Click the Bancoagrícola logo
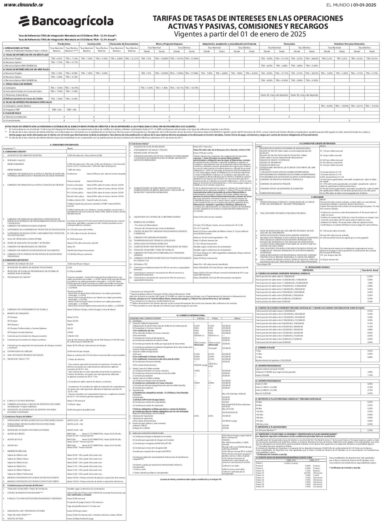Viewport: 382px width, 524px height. click(x=66, y=21)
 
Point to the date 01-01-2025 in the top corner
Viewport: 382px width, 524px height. click(x=364, y=5)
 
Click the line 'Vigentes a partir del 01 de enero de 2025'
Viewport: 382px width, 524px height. click(x=240, y=34)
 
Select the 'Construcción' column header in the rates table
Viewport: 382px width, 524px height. click(x=94, y=44)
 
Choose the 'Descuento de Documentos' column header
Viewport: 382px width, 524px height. click(x=124, y=44)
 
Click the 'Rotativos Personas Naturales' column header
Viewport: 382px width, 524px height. click(x=349, y=44)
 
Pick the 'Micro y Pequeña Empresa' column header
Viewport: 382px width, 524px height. click(x=169, y=44)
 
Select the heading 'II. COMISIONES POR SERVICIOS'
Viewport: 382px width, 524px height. click(x=64, y=144)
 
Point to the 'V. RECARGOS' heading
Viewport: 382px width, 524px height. click(x=317, y=197)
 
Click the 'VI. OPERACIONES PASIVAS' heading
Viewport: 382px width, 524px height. click(x=317, y=267)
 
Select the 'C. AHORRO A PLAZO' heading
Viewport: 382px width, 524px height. click(x=265, y=348)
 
